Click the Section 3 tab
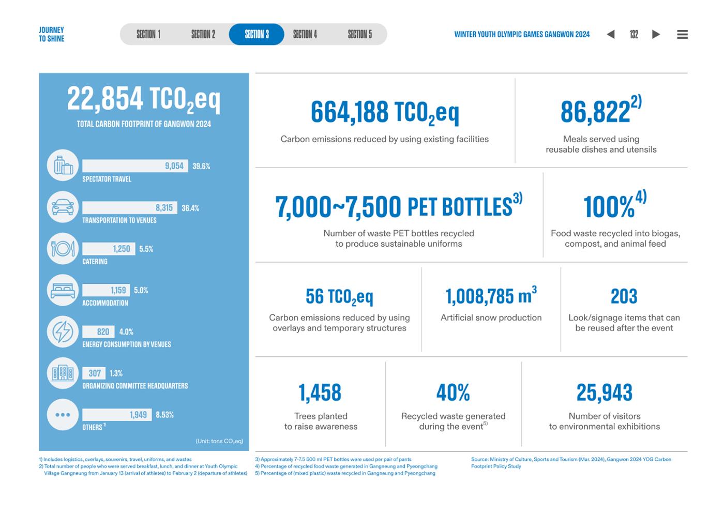tap(257, 34)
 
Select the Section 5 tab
tap(360, 34)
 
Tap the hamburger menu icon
tap(682, 34)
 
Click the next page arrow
tap(656, 34)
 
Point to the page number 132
tap(634, 34)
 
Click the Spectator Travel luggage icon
tap(63, 165)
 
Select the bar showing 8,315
tap(130, 207)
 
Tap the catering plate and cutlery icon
tap(63, 249)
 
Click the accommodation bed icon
tap(63, 290)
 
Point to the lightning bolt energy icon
tap(63, 332)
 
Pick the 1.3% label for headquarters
tap(116, 373)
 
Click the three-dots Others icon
tap(63, 415)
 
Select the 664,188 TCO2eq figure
tap(385, 113)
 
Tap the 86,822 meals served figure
tap(601, 110)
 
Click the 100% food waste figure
tap(615, 205)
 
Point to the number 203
tap(624, 296)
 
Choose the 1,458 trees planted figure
tap(320, 393)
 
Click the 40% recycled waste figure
tap(453, 393)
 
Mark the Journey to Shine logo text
tap(51, 34)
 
